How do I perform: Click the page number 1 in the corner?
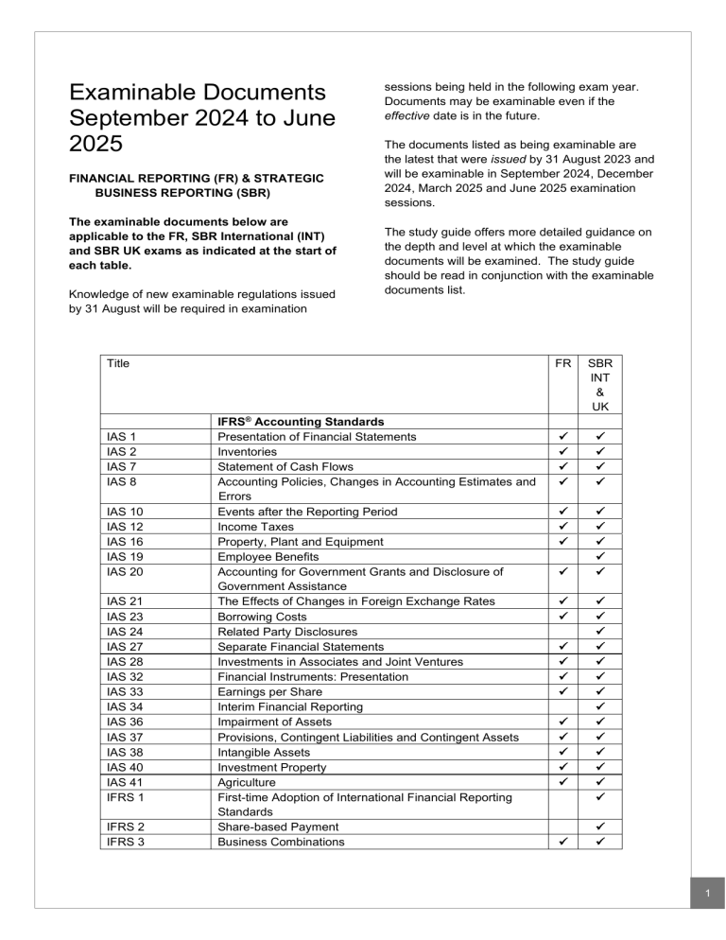click(705, 893)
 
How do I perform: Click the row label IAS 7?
click(121, 466)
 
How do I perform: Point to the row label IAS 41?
click(124, 782)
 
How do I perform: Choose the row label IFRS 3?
click(124, 841)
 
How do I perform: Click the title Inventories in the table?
click(249, 451)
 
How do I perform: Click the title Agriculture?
click(248, 782)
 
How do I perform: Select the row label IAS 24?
click(124, 631)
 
